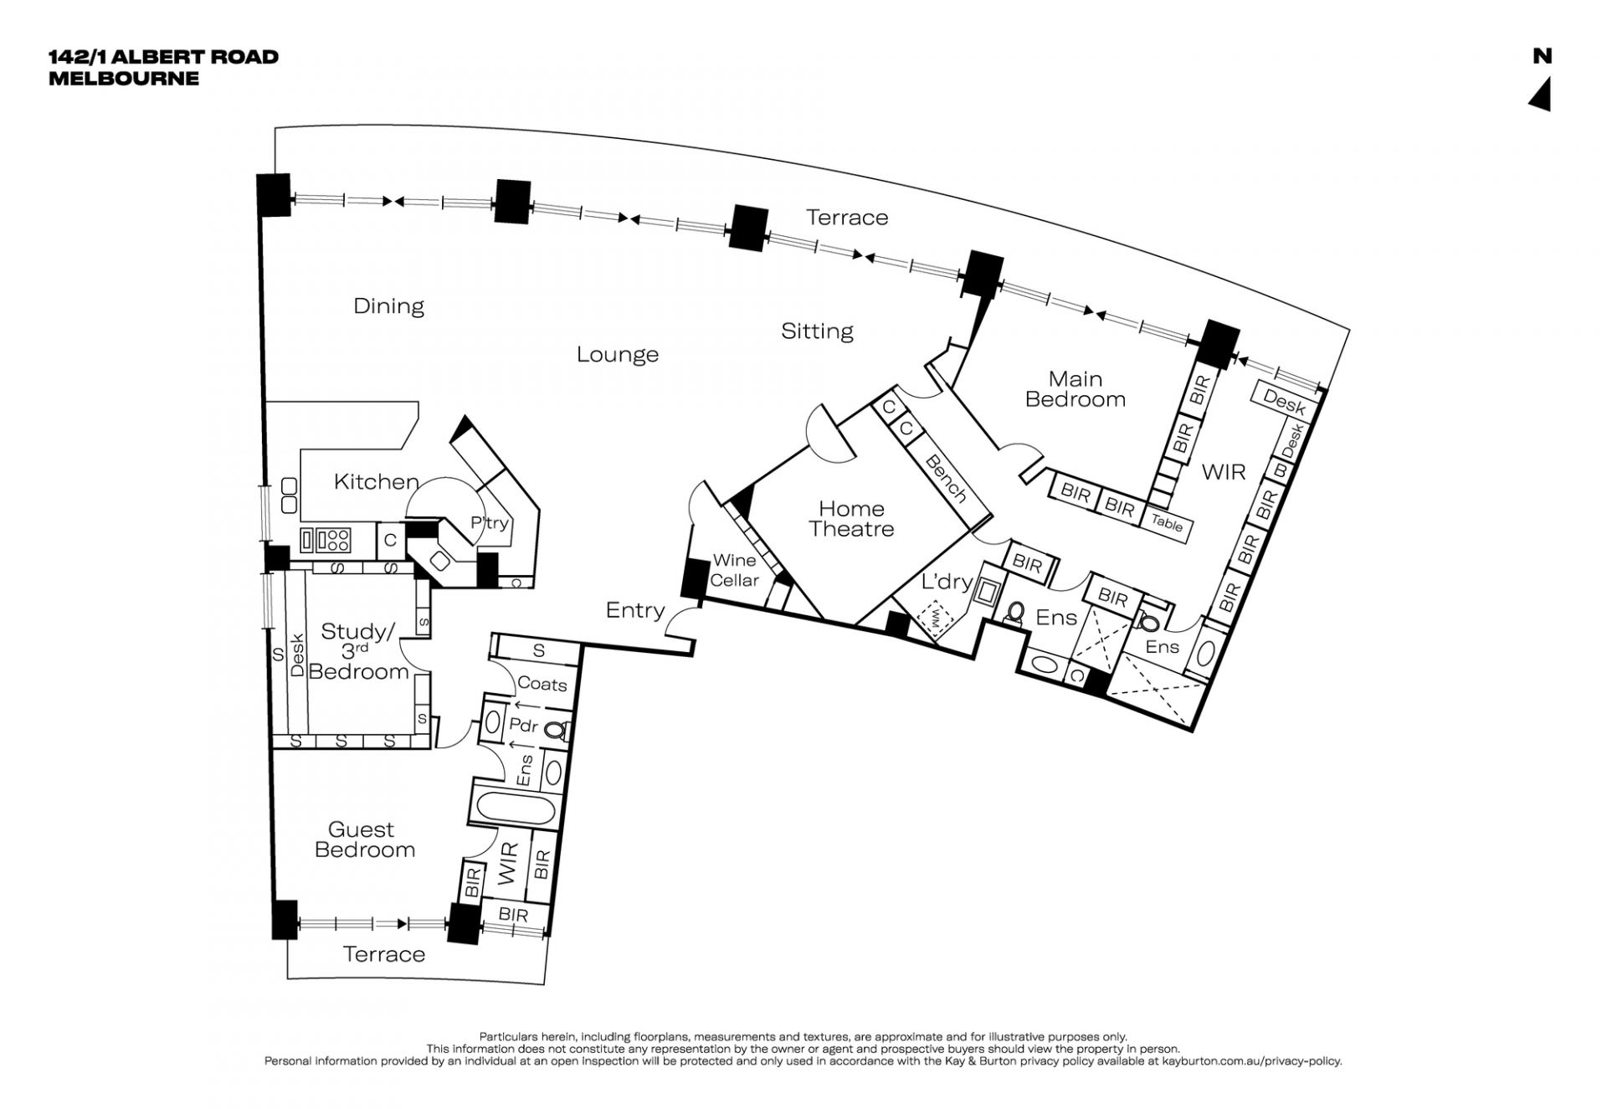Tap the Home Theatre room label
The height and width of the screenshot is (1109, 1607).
[851, 519]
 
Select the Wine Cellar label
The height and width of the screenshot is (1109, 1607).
[735, 570]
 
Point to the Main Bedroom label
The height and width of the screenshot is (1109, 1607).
[1076, 389]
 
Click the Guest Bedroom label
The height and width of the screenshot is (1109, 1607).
[364, 839]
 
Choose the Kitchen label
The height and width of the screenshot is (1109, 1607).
[376, 481]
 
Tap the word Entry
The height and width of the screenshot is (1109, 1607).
[635, 611]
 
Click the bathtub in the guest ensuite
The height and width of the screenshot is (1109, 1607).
[514, 809]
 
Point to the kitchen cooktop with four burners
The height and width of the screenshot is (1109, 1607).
[337, 540]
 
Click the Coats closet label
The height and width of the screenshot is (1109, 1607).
[542, 684]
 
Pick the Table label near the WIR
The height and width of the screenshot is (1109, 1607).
[1167, 523]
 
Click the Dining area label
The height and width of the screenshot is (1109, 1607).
[388, 306]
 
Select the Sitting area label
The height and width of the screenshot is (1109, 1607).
[817, 331]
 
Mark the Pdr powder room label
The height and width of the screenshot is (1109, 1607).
[524, 726]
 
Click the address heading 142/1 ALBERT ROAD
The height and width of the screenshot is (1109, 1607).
[163, 57]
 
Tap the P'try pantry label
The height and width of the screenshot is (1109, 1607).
[490, 523]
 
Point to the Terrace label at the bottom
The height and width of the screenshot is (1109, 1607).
[384, 954]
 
